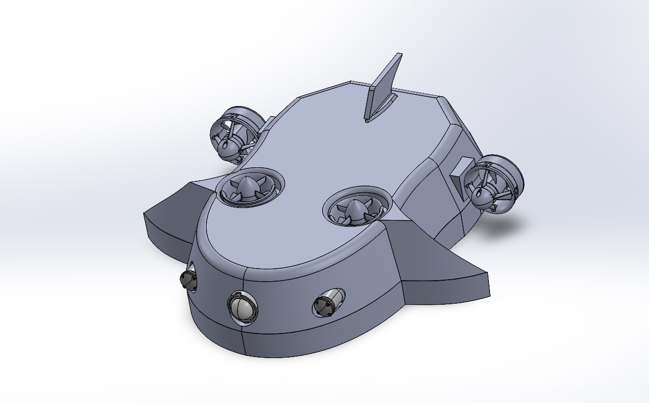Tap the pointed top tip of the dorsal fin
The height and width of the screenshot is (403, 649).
click(399, 54)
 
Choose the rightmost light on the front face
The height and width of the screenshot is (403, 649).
click(324, 305)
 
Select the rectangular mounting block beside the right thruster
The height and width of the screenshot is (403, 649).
click(459, 172)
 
